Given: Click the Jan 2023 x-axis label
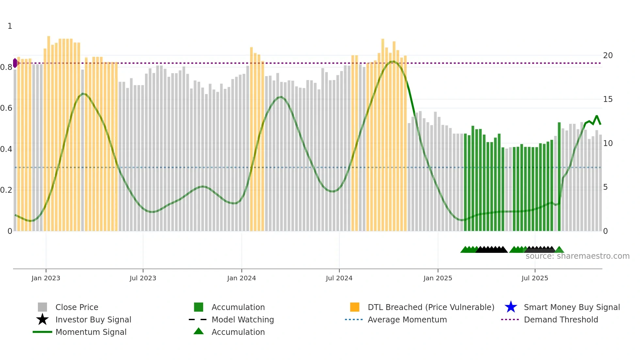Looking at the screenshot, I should pyautogui.click(x=46, y=278).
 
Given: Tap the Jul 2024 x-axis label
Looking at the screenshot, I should pyautogui.click(x=339, y=278).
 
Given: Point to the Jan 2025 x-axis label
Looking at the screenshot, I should pyautogui.click(x=438, y=278).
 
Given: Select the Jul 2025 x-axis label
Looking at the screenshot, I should pyautogui.click(x=535, y=278).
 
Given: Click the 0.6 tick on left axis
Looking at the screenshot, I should pyautogui.click(x=6, y=108).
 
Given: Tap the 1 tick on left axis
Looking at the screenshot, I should pyautogui.click(x=10, y=26).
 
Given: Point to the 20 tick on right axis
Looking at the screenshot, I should pyautogui.click(x=608, y=56).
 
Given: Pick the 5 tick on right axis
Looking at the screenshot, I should pyautogui.click(x=605, y=187).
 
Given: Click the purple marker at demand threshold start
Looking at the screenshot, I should pyautogui.click(x=15, y=63).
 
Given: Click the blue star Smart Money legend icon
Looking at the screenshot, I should pyautogui.click(x=511, y=307).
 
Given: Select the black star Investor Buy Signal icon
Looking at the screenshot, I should pyautogui.click(x=42, y=319).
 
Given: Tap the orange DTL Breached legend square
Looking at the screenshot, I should pyautogui.click(x=355, y=307).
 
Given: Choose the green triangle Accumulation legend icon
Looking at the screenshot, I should pyautogui.click(x=199, y=331).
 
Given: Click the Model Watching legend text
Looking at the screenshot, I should pyautogui.click(x=243, y=319).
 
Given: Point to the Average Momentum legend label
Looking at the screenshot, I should pyautogui.click(x=407, y=319).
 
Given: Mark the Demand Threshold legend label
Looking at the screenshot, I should pyautogui.click(x=561, y=319).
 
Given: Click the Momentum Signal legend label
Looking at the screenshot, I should pyautogui.click(x=91, y=332).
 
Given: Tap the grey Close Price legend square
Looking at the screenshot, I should pyautogui.click(x=42, y=307).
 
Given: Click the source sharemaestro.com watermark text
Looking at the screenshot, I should pyautogui.click(x=577, y=256).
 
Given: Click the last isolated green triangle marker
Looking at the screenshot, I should pyautogui.click(x=559, y=250).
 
